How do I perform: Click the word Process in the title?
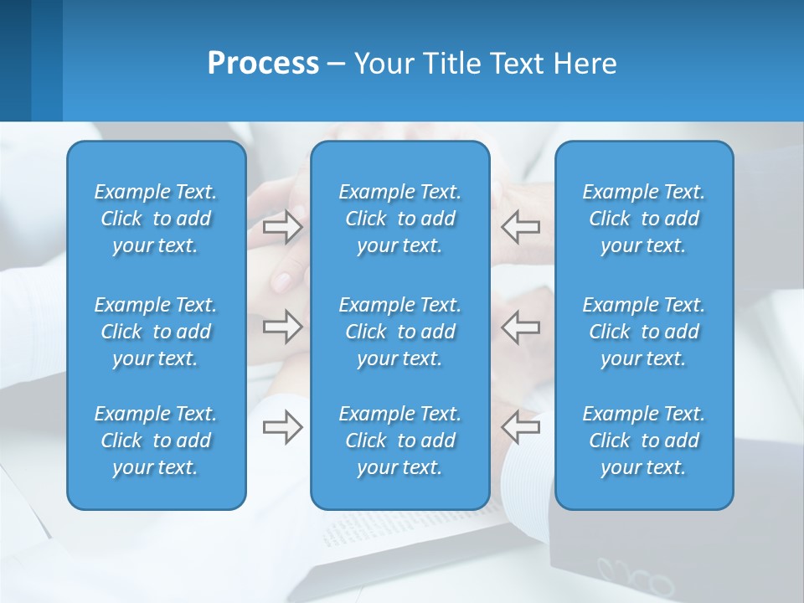263,64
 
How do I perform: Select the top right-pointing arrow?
282,227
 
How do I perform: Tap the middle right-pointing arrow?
282,327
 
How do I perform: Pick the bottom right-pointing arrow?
282,427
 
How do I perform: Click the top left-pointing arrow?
520,227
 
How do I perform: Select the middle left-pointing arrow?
520,327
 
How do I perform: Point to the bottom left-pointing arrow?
520,427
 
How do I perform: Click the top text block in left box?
156,219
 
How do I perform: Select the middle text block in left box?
156,332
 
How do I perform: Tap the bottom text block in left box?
156,441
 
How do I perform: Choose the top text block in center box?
399,219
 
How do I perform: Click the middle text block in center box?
399,332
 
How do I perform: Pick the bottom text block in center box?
399,441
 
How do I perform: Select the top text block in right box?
643,219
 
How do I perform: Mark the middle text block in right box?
643,332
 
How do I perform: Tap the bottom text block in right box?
643,441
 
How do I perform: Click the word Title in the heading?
449,64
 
